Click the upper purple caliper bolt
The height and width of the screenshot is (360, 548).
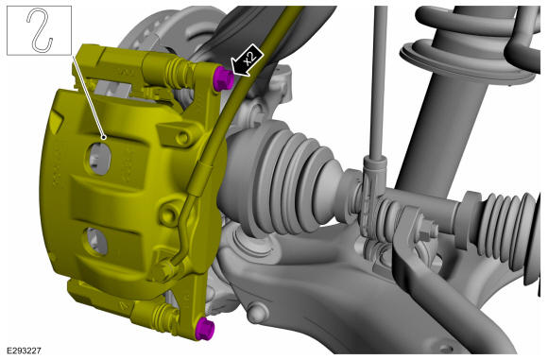[x=223, y=78]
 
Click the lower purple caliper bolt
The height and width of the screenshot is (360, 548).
[x=205, y=329]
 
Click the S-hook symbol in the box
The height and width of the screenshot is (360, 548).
[x=40, y=30]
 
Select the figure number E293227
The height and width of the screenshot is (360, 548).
[x=24, y=351]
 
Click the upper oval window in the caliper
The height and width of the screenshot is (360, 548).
[x=99, y=159]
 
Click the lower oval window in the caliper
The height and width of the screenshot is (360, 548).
[x=96, y=241]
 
